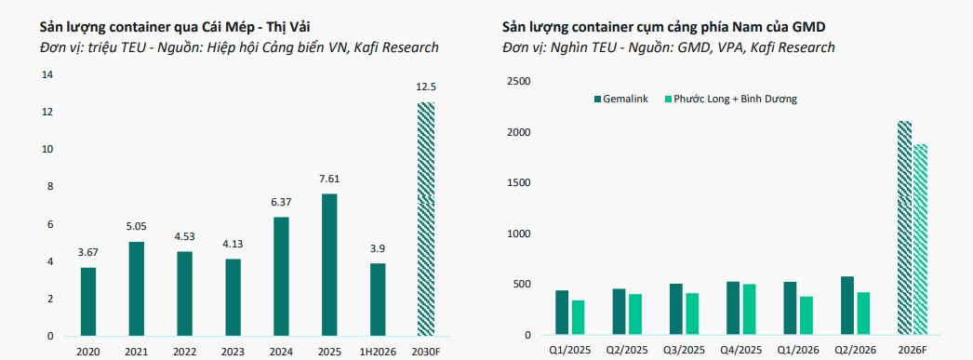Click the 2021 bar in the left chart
pos(137,289)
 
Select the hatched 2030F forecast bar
pos(426,220)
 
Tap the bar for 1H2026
pos(378,300)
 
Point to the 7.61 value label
pos(329,179)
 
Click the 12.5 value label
pos(426,87)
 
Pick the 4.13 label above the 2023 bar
pos(233,244)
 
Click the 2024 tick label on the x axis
pos(281,352)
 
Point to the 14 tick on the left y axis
pos(47,75)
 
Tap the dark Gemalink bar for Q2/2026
pos(847,306)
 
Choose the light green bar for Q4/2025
pos(750,310)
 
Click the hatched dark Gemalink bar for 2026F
pos(905,229)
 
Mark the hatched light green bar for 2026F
pos(920,240)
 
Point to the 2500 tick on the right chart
pos(519,82)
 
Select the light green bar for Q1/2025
pos(578,318)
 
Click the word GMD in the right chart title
pos(810,27)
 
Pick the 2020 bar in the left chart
pos(88,302)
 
